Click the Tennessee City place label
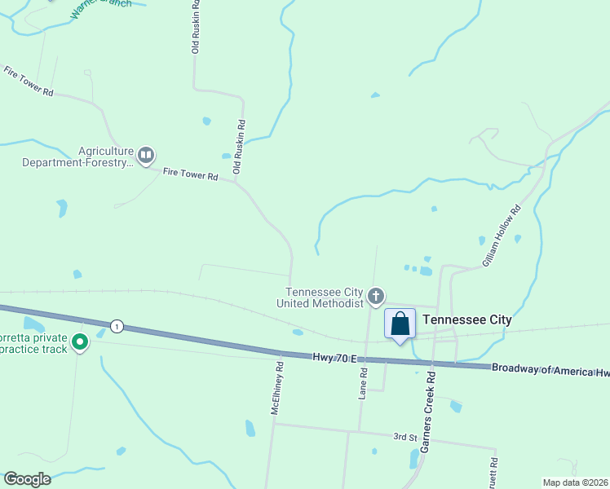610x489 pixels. coord(468,319)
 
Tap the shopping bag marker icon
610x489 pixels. coord(400,324)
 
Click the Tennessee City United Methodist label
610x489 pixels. coord(324,297)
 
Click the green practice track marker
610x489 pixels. coord(80,342)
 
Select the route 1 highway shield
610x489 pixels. coord(117,326)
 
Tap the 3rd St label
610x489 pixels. coord(405,437)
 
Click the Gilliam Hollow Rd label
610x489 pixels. coord(501,237)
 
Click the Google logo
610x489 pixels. coord(27,478)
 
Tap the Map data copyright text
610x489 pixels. coord(575,482)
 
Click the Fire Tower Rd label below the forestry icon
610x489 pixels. coord(191,174)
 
